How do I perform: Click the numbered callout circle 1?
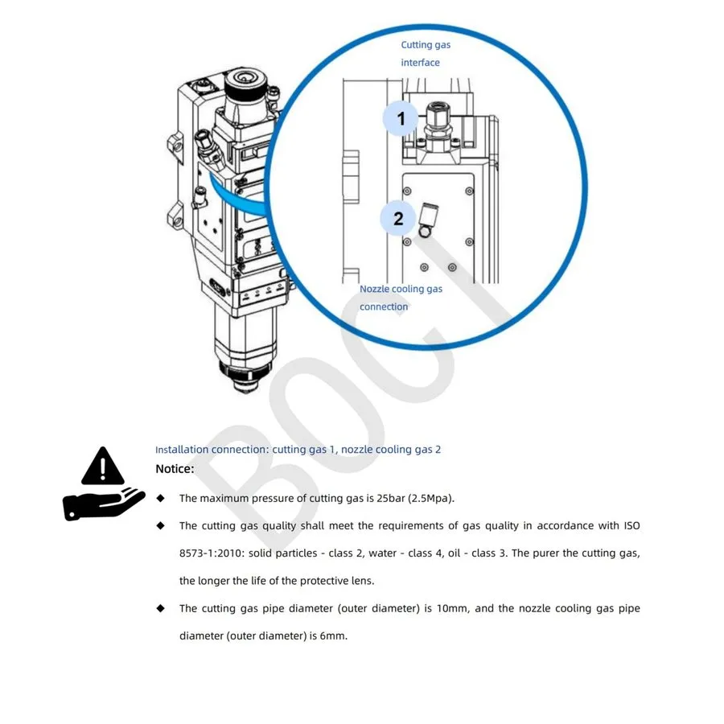400,118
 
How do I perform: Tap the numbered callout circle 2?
397,218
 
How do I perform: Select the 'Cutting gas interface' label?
426,54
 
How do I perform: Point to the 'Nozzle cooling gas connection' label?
401,298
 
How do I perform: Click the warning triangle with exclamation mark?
102,466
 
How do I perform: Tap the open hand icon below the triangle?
104,504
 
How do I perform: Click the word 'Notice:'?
175,469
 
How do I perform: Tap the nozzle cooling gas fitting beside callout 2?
428,220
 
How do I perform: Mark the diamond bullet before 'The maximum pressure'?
161,498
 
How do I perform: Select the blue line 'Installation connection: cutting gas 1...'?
298,449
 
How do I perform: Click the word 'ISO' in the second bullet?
631,525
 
